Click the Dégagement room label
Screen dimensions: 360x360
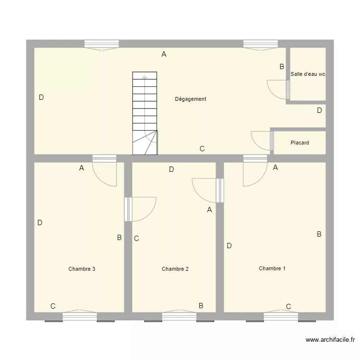pos(191,99)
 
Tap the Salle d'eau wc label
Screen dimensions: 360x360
pos(308,74)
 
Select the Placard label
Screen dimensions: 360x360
pos(300,143)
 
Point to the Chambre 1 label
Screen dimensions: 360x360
pos(272,268)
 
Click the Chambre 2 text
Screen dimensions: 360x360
pos(175,269)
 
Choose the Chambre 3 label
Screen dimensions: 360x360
pos(82,269)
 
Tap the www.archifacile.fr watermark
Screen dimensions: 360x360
pos(330,340)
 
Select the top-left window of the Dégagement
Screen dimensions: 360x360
pos(101,44)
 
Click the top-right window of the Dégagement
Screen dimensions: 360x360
pos(260,44)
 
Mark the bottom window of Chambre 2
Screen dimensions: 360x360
pos(179,316)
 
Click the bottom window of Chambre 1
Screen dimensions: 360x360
pos(281,316)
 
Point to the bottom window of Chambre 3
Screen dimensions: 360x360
pos(80,316)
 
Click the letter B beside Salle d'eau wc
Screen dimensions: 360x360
pos(282,67)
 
